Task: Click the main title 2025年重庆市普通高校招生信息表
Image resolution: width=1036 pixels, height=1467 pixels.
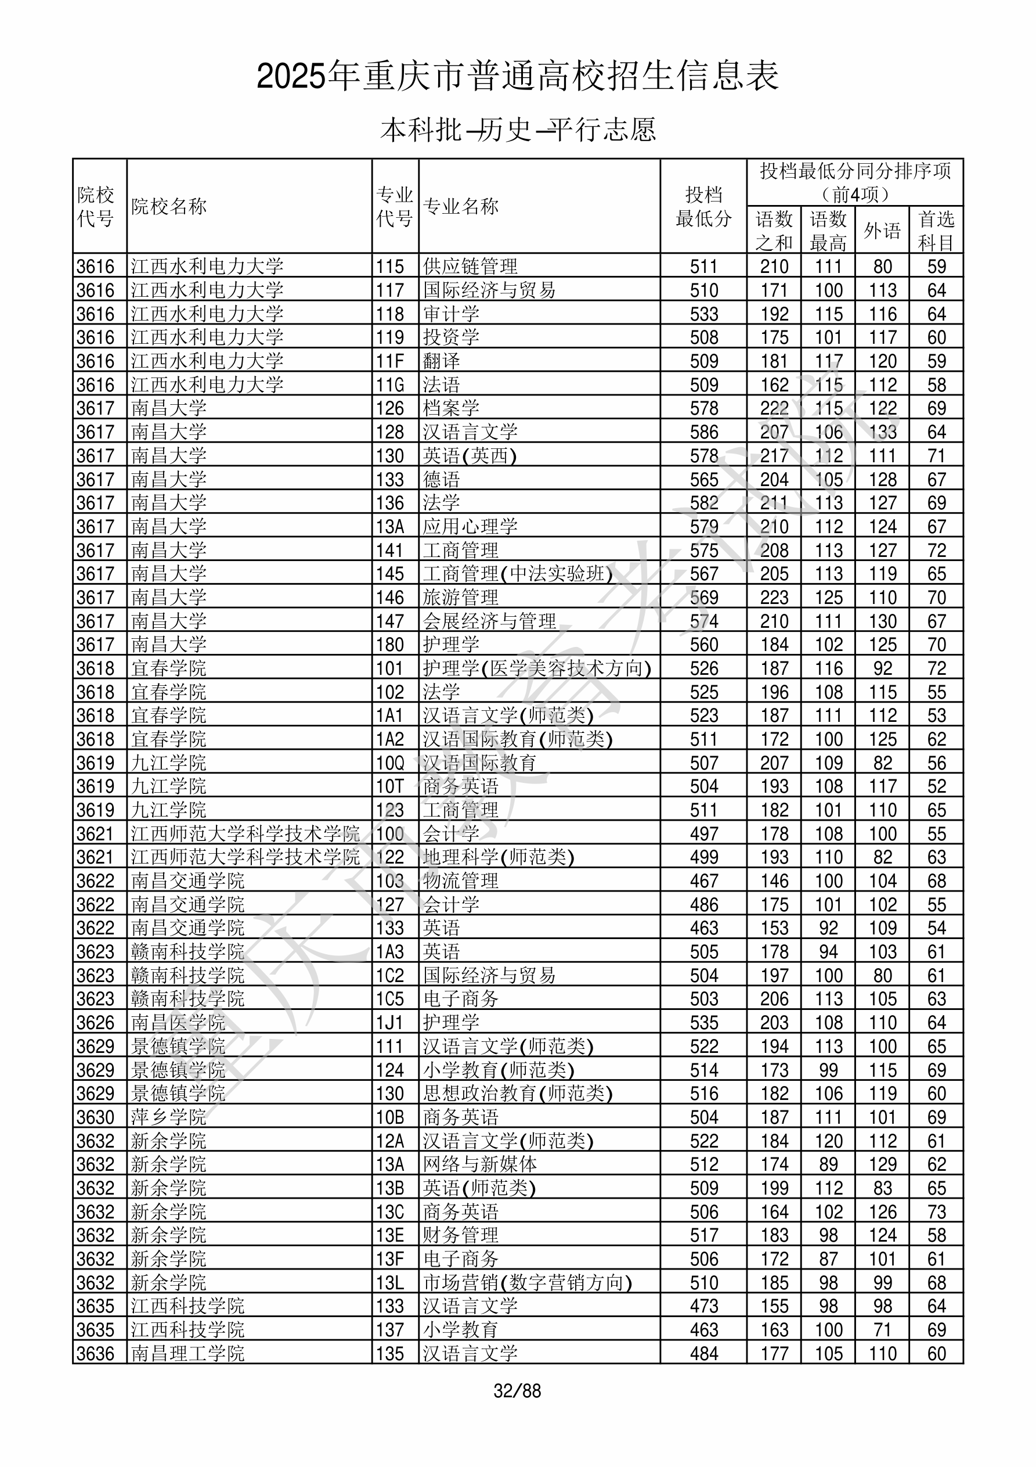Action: click(x=517, y=76)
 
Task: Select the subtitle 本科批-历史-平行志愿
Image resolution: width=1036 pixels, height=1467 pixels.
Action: click(x=517, y=130)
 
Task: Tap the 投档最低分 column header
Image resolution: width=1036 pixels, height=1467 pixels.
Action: click(x=703, y=206)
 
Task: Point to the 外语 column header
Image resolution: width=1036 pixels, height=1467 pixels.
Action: click(x=882, y=230)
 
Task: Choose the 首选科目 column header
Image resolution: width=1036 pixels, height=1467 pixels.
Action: click(x=936, y=230)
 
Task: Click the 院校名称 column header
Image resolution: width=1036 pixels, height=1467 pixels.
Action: click(x=169, y=206)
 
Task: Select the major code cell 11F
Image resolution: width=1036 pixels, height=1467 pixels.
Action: click(x=389, y=362)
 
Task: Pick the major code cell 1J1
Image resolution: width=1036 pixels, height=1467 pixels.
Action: click(x=389, y=1023)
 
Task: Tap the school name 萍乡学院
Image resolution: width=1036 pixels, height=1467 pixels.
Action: click(x=169, y=1117)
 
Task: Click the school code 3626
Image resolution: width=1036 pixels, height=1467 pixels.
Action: click(x=95, y=1023)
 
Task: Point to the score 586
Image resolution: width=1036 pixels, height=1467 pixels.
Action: click(x=703, y=433)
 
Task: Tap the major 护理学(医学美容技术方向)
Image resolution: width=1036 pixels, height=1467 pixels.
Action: click(x=536, y=668)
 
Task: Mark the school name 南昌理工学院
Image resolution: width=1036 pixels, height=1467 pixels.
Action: click(x=188, y=1354)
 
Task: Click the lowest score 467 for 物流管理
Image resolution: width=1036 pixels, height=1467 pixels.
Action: click(x=703, y=881)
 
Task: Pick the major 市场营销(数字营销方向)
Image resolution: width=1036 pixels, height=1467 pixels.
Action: click(x=527, y=1283)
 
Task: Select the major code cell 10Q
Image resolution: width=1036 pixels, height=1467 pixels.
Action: click(x=389, y=763)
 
